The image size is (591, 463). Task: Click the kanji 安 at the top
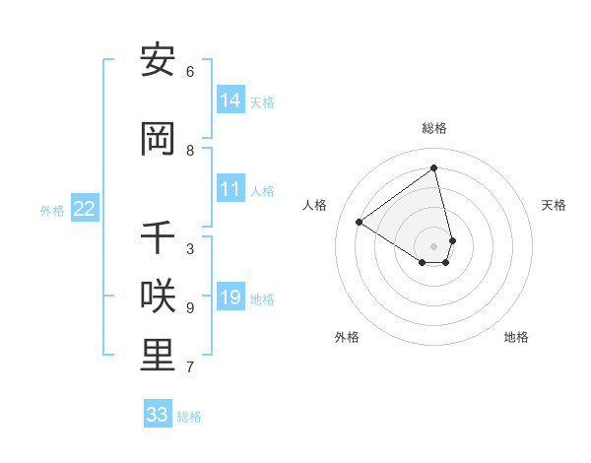(x=158, y=60)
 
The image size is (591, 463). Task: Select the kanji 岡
(x=158, y=139)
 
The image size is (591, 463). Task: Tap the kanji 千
(x=158, y=237)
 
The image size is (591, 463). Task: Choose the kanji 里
(x=158, y=357)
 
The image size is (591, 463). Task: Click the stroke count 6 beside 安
(x=190, y=72)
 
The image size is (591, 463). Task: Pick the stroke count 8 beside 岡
(x=190, y=151)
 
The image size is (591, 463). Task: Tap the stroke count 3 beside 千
(x=190, y=249)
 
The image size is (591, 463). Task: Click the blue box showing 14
(x=230, y=100)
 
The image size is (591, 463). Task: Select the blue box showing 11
(x=230, y=189)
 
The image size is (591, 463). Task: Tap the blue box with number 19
(x=230, y=298)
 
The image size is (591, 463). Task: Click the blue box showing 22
(x=84, y=209)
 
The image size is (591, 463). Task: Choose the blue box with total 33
(x=157, y=415)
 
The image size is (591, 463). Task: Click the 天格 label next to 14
(x=262, y=102)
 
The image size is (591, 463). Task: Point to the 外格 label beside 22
(x=52, y=210)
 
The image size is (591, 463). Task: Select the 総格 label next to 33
(x=189, y=417)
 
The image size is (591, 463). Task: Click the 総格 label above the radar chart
(x=434, y=128)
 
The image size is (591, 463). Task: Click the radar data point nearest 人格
(x=360, y=223)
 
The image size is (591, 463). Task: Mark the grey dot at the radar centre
(x=434, y=245)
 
